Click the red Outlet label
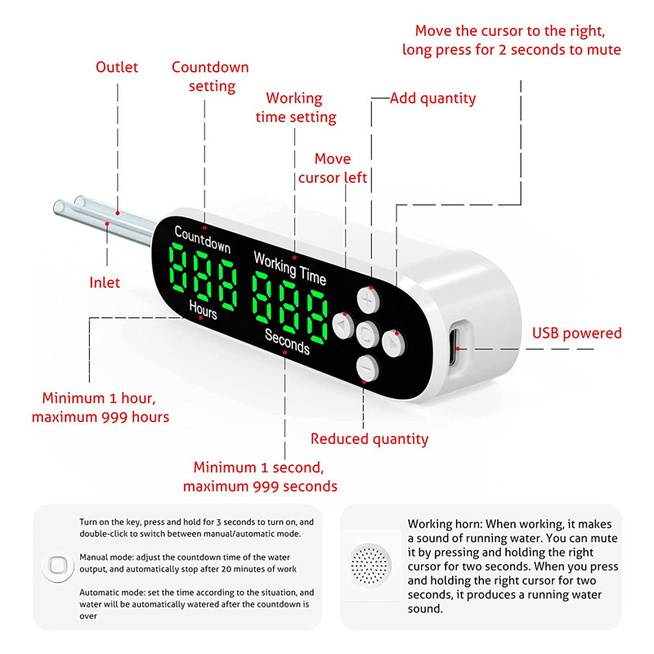tap(117, 67)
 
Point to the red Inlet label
tap(105, 283)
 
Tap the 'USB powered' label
tap(577, 333)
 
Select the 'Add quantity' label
tap(432, 98)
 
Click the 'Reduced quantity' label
tap(370, 439)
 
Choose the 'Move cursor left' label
tap(333, 168)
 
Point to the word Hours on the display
tap(204, 311)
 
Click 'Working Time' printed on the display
tap(289, 268)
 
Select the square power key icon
tap(56, 565)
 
